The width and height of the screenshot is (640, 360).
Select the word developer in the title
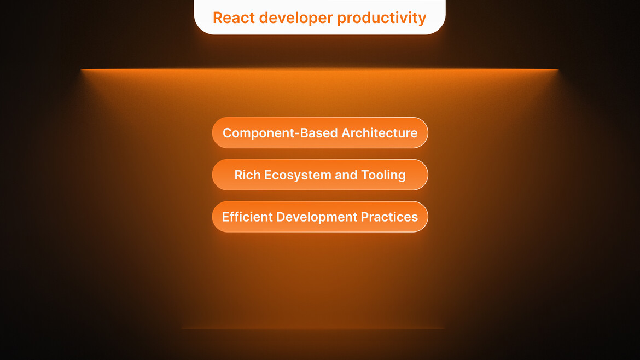coord(296,18)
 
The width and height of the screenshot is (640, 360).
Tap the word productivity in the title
coord(381,18)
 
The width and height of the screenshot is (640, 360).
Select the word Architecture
coord(380,132)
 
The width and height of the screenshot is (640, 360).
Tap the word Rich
coord(247,175)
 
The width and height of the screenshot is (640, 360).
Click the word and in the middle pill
coord(346,175)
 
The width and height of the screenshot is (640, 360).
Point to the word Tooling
coord(383,175)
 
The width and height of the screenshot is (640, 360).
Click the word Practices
coord(389,217)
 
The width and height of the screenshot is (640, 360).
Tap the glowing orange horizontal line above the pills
coord(320,69)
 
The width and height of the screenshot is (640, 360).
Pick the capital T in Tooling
coord(365,175)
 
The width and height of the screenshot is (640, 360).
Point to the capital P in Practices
coord(365,217)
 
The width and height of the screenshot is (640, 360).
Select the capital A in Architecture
coord(346,132)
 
